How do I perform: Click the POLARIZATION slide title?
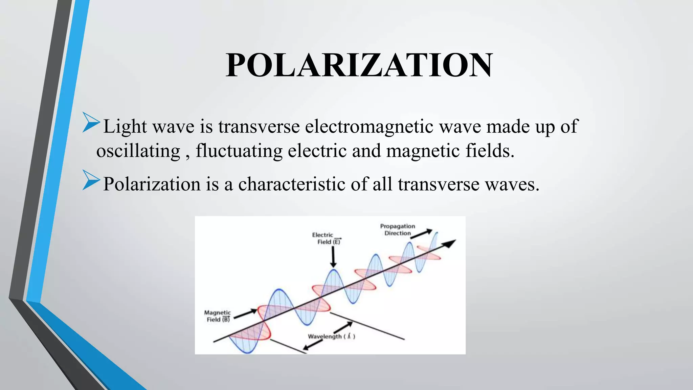coord(359,65)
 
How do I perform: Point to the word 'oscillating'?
coord(138,151)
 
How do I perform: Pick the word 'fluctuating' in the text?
coord(239,151)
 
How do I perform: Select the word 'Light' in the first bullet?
coord(125,127)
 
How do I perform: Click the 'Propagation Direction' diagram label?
coord(397,230)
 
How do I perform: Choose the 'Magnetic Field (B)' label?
coord(218,316)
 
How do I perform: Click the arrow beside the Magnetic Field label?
coord(245,313)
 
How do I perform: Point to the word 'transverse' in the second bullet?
coord(439,184)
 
